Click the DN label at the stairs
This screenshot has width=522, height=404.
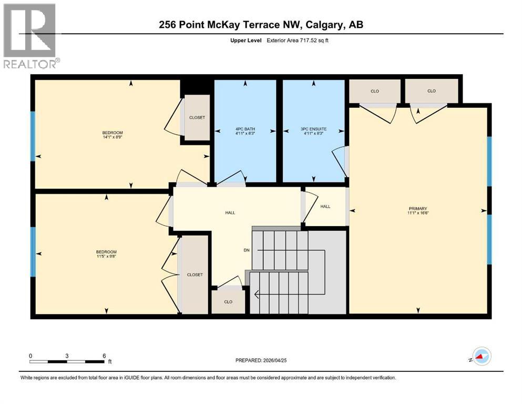[246, 250]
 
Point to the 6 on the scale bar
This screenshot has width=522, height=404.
[104, 356]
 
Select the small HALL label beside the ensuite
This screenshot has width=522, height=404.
[325, 207]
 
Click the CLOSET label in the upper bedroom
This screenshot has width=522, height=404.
[197, 117]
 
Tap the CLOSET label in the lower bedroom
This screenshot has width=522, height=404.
[195, 275]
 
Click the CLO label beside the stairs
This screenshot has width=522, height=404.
[228, 302]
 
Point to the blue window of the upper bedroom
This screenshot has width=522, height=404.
[33, 136]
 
